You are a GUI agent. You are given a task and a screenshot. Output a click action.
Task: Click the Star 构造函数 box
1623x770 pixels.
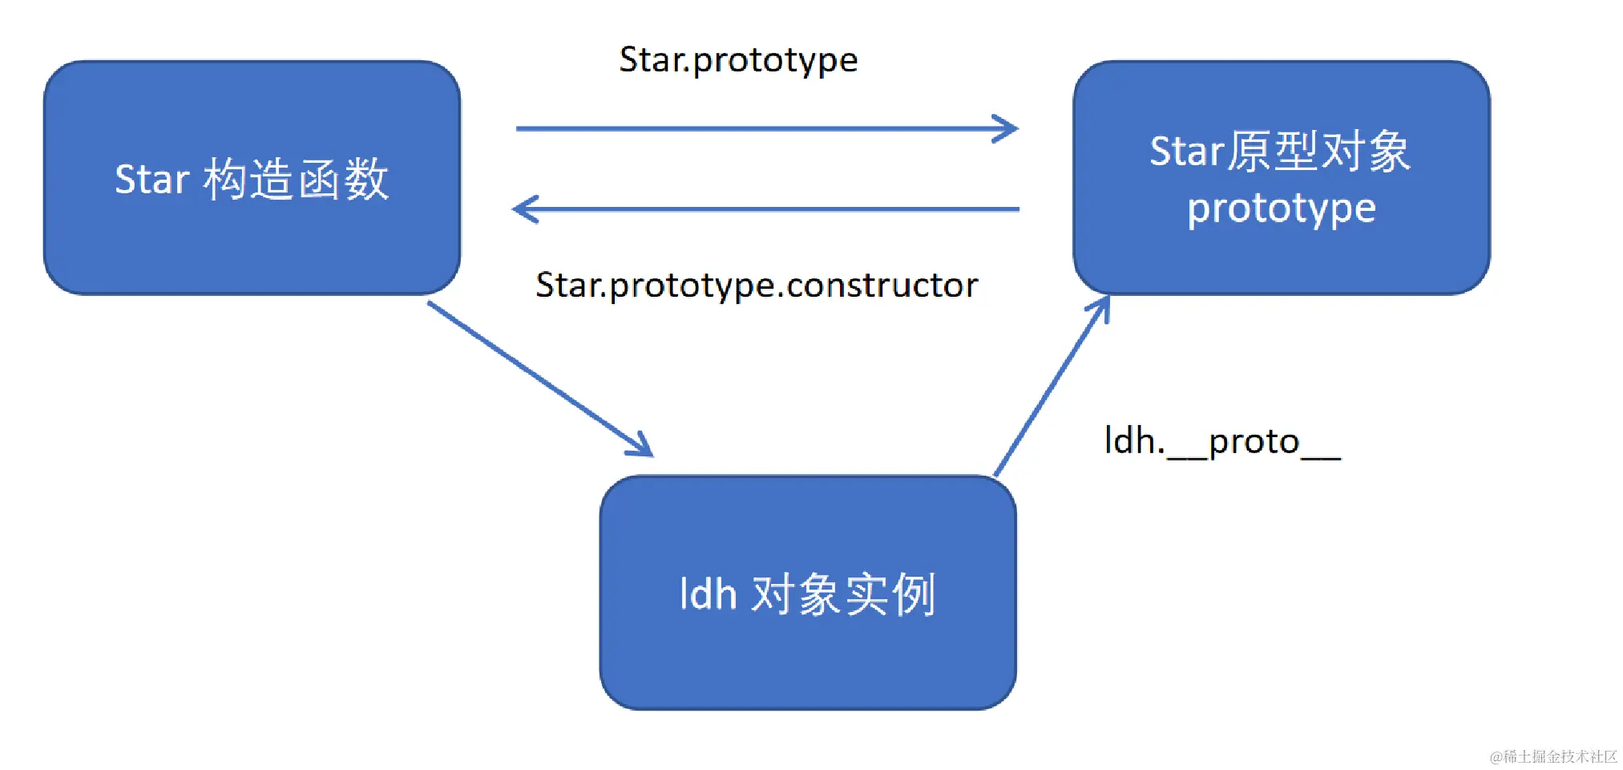coord(252,241)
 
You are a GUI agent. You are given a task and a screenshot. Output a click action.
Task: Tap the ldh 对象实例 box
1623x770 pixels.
coord(808,658)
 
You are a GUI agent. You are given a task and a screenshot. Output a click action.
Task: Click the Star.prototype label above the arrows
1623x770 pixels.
coord(738,60)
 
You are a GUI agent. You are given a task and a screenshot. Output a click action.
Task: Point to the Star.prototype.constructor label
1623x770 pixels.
coord(757,286)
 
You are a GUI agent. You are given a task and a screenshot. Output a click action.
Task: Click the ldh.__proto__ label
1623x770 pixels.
coord(1221,442)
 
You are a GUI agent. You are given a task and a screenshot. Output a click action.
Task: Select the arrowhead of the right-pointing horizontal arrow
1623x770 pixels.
coord(1008,128)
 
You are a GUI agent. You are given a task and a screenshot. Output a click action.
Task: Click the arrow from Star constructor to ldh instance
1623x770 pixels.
coord(537,377)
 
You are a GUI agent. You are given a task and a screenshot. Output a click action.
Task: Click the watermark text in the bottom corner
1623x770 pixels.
coord(1552,756)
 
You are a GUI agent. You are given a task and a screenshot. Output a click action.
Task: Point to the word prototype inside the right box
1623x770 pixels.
coord(1281,209)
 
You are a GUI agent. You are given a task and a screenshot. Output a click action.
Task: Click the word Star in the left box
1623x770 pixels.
coord(151,179)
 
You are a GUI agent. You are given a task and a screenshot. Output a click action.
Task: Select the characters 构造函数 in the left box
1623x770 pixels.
coord(296,179)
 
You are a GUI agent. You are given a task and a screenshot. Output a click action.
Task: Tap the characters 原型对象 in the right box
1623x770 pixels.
coord(1318,151)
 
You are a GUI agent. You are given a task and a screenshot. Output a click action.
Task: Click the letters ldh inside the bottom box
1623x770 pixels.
coord(708,594)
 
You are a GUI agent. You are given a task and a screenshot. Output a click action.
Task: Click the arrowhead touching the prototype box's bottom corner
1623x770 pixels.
coord(1102,307)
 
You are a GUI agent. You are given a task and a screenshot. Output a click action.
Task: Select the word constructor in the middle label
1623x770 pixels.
coord(882,286)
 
